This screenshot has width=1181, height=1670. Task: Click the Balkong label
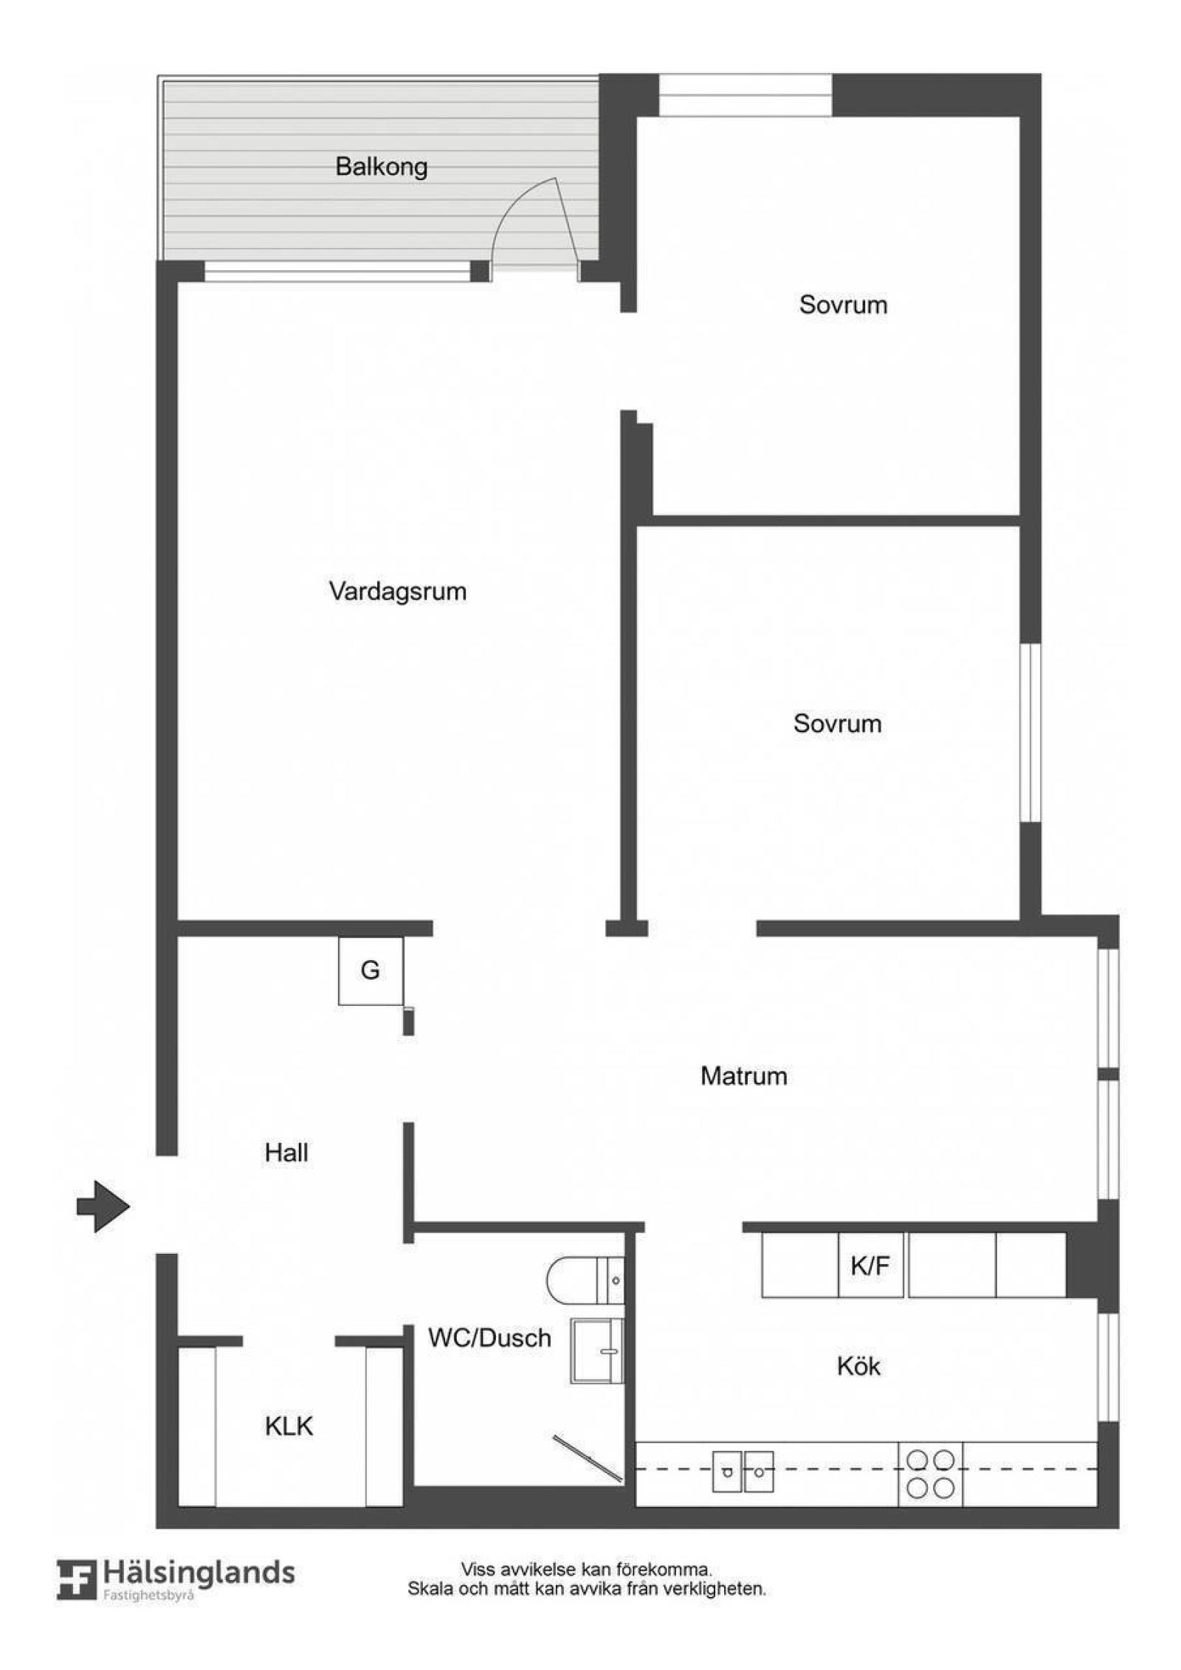(x=381, y=167)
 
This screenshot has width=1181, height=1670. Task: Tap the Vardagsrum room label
(x=398, y=591)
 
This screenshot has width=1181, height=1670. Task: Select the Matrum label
(x=743, y=1076)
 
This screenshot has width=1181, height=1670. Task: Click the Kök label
(x=858, y=1366)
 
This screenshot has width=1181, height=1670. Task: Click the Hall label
(x=286, y=1153)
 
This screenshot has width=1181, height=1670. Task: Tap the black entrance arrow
(x=103, y=1207)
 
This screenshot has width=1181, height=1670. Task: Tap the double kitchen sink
(x=743, y=1471)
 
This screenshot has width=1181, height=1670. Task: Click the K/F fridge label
(x=870, y=1266)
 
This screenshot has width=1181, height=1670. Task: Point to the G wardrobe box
(x=371, y=970)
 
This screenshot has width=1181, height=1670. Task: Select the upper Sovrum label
(x=843, y=305)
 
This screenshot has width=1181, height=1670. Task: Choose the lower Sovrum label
(x=837, y=723)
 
